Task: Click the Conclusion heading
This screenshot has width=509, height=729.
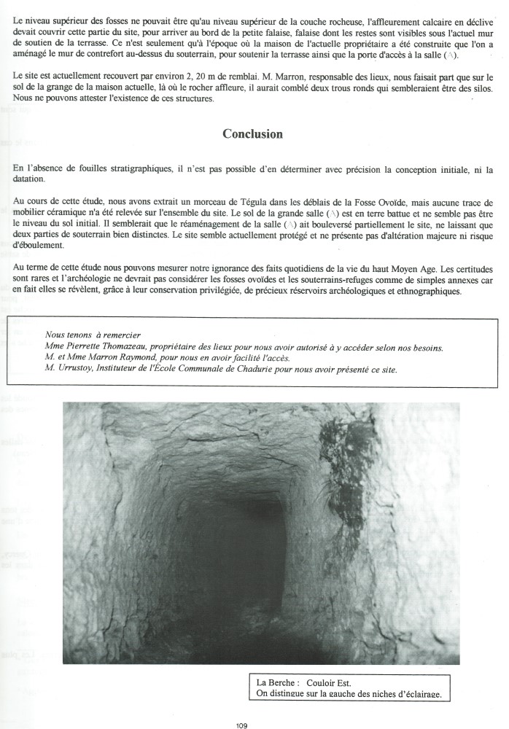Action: tap(252, 134)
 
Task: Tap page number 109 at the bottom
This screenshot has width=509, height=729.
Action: tap(243, 725)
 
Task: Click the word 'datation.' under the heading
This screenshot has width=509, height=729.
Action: tap(28, 179)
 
